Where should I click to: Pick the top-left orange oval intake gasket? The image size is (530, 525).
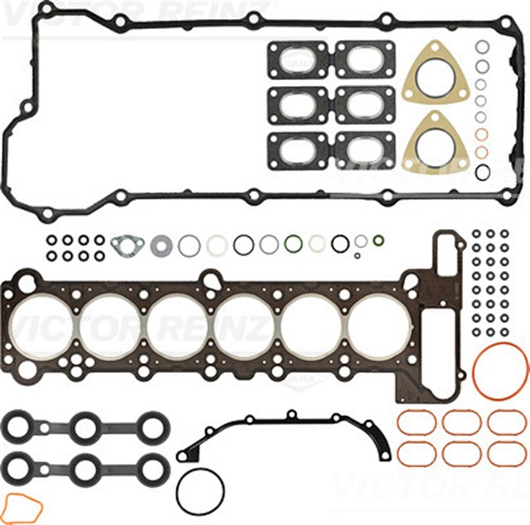click(x=417, y=422)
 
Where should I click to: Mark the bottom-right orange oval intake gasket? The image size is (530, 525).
click(x=506, y=453)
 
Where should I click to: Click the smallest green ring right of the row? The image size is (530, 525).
click(x=378, y=241)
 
